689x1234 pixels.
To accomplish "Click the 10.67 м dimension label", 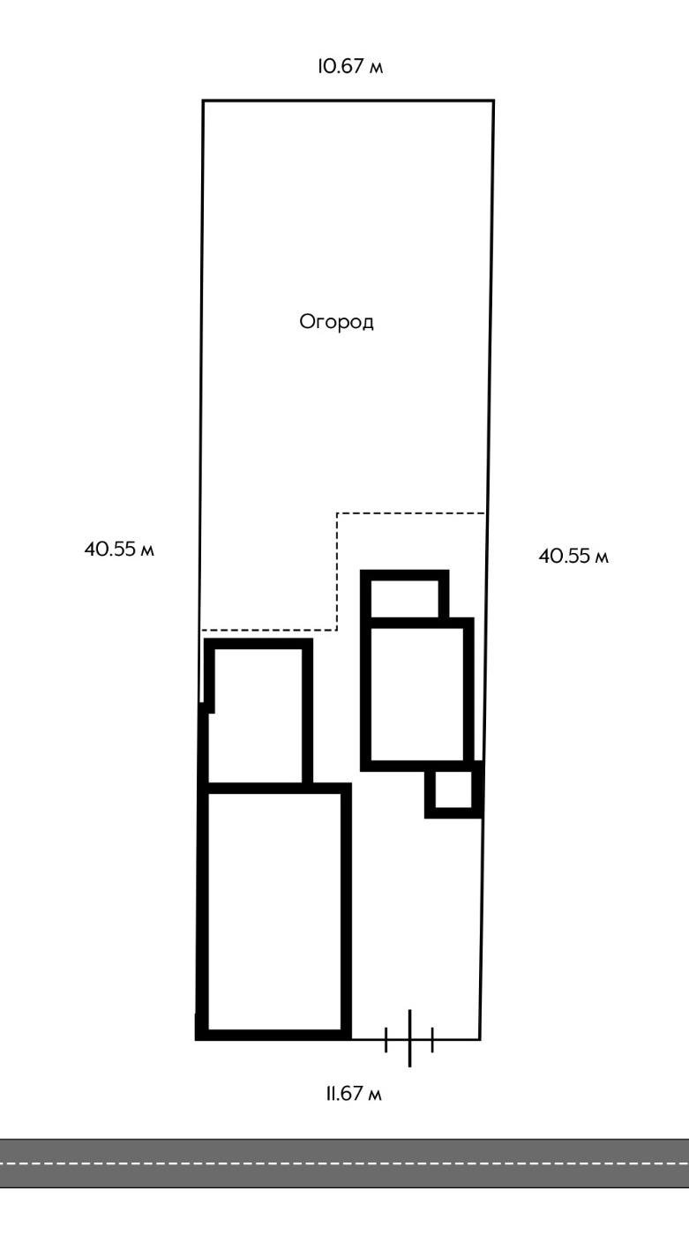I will pos(350,67).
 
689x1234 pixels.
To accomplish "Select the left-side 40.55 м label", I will pos(120,549).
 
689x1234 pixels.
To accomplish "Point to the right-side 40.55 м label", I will pos(573,557).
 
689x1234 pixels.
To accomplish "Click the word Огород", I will pos(337,322).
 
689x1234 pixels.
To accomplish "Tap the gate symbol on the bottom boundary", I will pos(409,1039).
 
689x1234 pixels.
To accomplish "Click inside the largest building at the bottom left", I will pos(275,910).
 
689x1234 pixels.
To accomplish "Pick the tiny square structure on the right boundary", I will pos(453,790).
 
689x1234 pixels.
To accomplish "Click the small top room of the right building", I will pos(405,599).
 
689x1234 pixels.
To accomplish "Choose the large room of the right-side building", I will pos(416,693).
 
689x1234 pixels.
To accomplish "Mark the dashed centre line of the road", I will pos(344,1163).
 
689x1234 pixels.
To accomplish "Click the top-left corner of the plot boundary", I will pos(203,101).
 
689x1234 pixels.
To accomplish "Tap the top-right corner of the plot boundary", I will pos(493,101).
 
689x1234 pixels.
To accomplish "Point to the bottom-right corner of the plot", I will pos(480,1039).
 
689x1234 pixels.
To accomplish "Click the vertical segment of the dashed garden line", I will pos(337,572).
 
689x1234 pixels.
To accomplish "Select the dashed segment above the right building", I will pos(411,512).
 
